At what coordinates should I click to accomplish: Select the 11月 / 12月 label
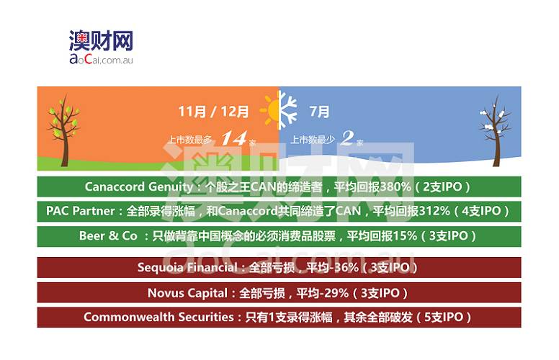tap(214, 112)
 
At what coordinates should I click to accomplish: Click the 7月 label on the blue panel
tap(319, 112)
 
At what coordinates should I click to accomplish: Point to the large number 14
tap(233, 138)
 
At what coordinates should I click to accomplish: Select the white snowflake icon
tap(288, 111)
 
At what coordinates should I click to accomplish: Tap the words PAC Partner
tap(80, 211)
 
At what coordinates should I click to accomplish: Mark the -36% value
tap(343, 268)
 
